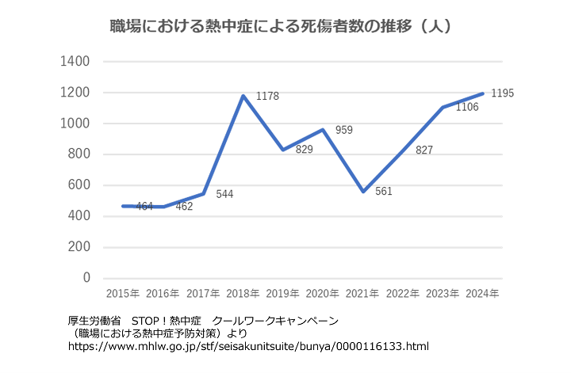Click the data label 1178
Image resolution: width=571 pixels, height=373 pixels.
click(267, 97)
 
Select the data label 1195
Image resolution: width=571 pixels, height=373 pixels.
click(502, 93)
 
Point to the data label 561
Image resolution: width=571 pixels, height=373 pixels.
click(385, 191)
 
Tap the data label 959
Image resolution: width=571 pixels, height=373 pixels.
click(344, 130)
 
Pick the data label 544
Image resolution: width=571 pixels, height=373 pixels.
click(224, 194)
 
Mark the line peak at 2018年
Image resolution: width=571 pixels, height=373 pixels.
click(243, 96)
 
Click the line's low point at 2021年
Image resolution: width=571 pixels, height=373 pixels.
click(363, 192)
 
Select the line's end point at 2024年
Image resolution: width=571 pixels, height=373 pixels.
click(483, 93)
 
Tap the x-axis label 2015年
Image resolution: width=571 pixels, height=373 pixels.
click(123, 294)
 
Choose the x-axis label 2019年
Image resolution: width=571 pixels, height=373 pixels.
click(283, 294)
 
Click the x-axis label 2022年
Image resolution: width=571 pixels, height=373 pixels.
click(403, 294)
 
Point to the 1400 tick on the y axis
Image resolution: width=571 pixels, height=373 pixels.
click(73, 62)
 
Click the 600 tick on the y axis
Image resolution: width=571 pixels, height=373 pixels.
click(77, 185)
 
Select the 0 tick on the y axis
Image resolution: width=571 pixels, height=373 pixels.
click(86, 278)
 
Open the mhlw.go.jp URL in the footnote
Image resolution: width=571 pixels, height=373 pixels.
click(247, 347)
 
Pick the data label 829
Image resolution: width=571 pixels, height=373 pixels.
click(304, 149)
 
